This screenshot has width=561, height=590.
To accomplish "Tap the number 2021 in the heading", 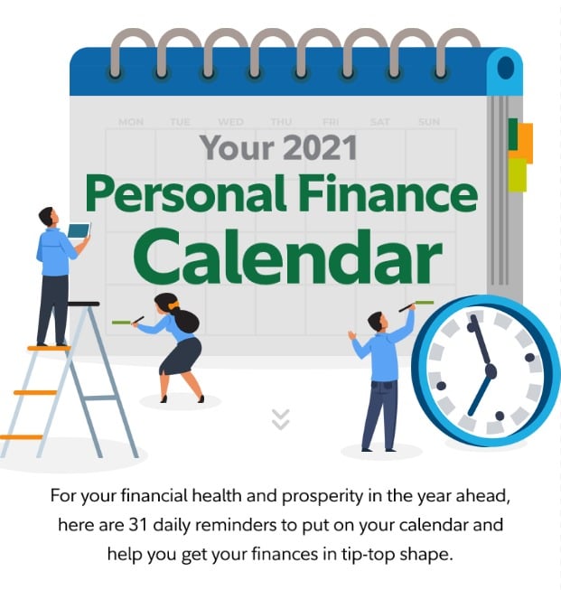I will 317,146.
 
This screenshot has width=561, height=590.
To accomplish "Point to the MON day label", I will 130,122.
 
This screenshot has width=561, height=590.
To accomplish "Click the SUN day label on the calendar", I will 429,122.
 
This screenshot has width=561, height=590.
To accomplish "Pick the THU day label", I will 281,122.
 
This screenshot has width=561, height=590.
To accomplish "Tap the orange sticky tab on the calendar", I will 523,142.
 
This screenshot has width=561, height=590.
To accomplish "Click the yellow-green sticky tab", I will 517,175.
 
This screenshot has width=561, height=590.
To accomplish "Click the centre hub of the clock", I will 491,370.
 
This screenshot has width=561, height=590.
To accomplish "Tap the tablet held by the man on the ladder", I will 79,231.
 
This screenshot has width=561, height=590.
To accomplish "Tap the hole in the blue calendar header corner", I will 505,68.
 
